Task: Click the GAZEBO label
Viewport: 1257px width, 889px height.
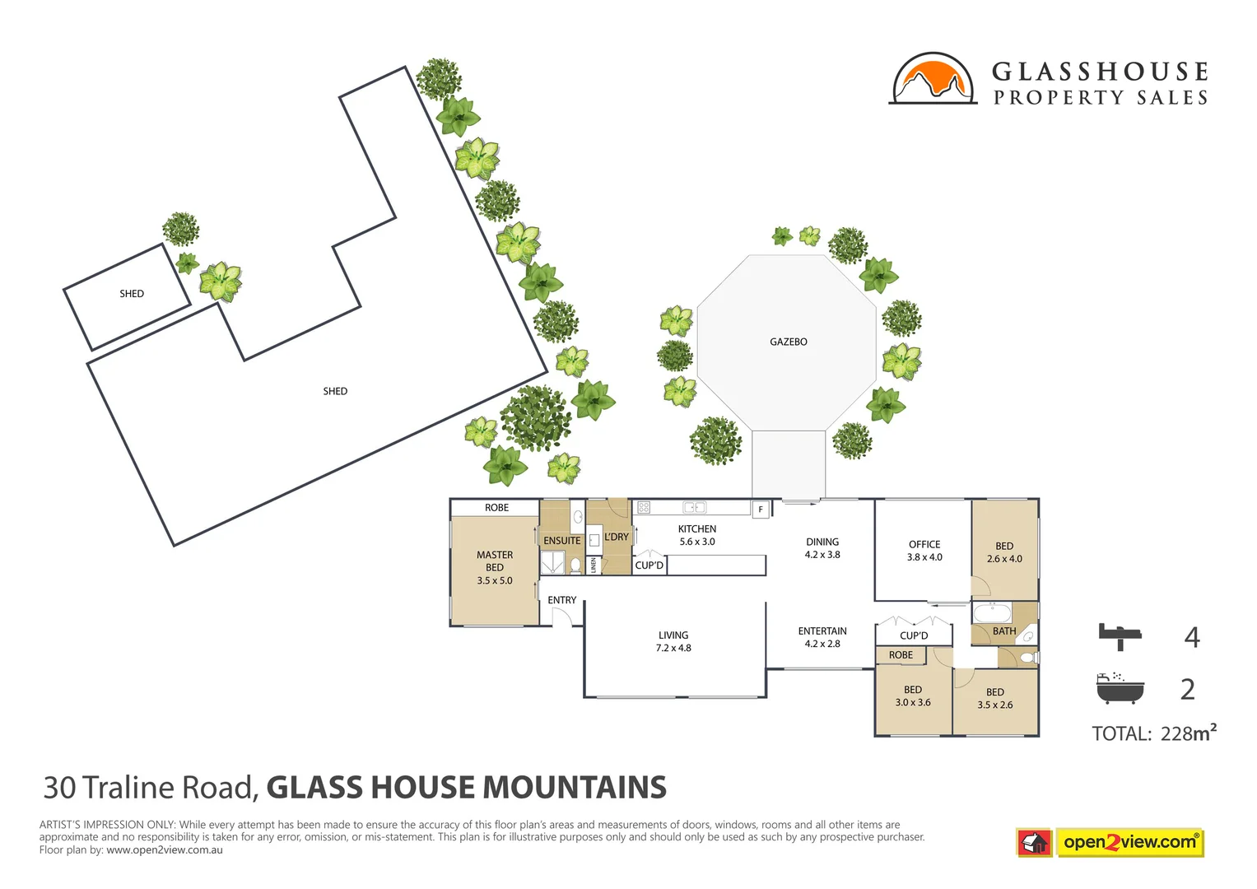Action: tap(788, 342)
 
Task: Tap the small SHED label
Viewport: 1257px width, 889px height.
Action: tap(132, 294)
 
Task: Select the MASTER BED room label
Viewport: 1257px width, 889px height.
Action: tap(495, 567)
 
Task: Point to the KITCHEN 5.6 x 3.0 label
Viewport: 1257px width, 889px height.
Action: tap(697, 535)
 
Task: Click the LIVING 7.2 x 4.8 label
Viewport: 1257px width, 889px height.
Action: tap(673, 641)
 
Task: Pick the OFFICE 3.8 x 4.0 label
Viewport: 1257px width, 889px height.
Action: tap(924, 551)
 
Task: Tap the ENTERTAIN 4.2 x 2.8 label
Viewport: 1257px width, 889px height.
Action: tap(822, 637)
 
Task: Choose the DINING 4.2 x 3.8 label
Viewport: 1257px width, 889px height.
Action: tap(822, 548)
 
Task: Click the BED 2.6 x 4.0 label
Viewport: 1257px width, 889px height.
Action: tap(1004, 552)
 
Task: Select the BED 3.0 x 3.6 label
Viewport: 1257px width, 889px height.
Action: tap(913, 696)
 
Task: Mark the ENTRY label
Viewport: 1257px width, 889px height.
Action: tap(562, 600)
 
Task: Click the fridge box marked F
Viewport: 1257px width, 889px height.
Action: tap(761, 510)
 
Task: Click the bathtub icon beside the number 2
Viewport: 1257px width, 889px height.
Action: tap(1120, 688)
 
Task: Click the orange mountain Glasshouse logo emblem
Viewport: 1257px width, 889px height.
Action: tap(932, 80)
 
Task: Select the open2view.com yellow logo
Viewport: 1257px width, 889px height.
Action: tap(1129, 842)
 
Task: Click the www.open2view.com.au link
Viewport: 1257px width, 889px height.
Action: tap(164, 850)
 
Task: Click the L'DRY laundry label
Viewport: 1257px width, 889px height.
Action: tap(617, 537)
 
